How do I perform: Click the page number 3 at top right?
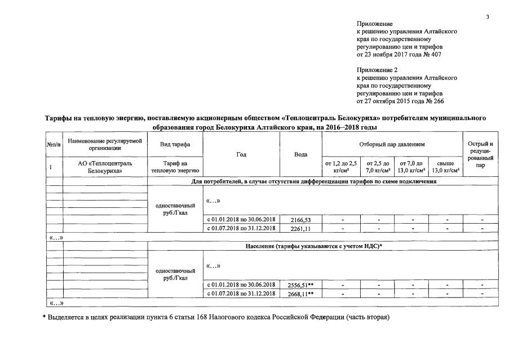[488, 17]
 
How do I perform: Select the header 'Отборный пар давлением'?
[392, 145]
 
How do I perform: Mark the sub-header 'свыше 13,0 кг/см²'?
[445, 167]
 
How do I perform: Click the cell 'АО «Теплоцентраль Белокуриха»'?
[105, 167]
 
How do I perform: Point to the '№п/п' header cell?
[54, 145]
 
